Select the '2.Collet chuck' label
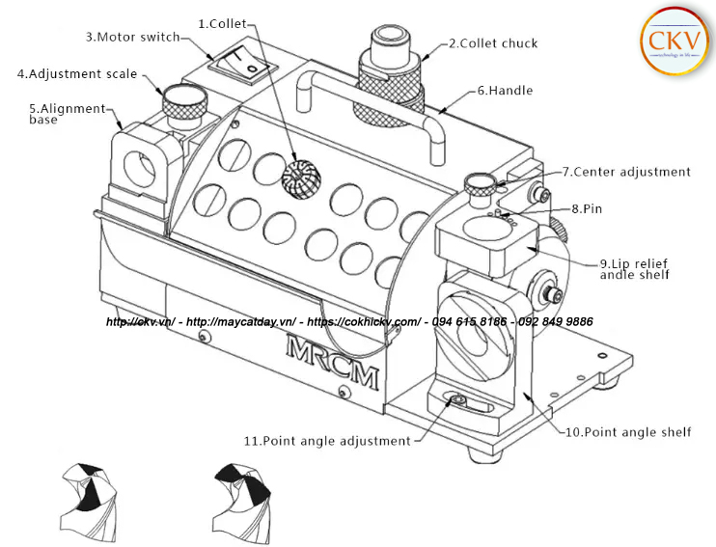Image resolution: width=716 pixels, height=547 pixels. click(x=492, y=43)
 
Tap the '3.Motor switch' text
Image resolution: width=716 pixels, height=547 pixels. click(x=132, y=37)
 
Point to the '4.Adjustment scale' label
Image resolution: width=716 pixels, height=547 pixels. click(x=77, y=73)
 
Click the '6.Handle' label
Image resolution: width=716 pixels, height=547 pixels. click(x=505, y=91)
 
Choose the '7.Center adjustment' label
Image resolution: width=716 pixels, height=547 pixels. click(x=626, y=172)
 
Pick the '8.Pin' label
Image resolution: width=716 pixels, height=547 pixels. click(x=589, y=208)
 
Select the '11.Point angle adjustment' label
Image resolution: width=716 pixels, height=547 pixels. click(x=327, y=440)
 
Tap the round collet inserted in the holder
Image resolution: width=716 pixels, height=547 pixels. click(x=300, y=175)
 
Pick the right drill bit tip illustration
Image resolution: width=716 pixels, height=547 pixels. click(x=241, y=494)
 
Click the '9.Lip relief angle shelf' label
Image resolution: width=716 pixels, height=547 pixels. click(x=634, y=268)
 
